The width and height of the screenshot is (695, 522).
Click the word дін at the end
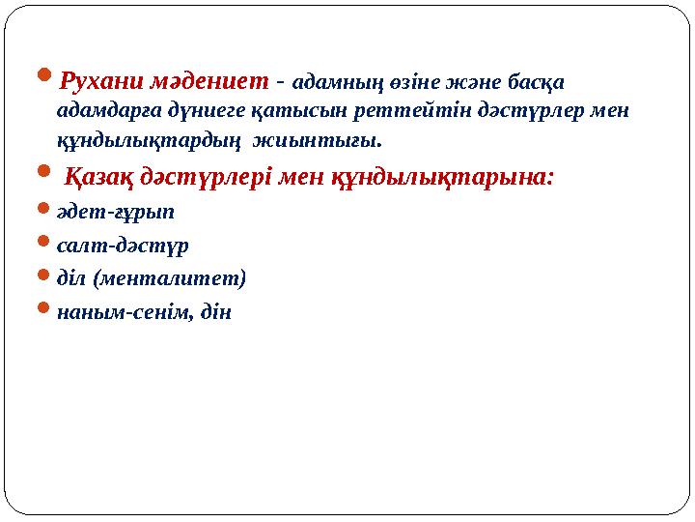pos(215,312)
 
